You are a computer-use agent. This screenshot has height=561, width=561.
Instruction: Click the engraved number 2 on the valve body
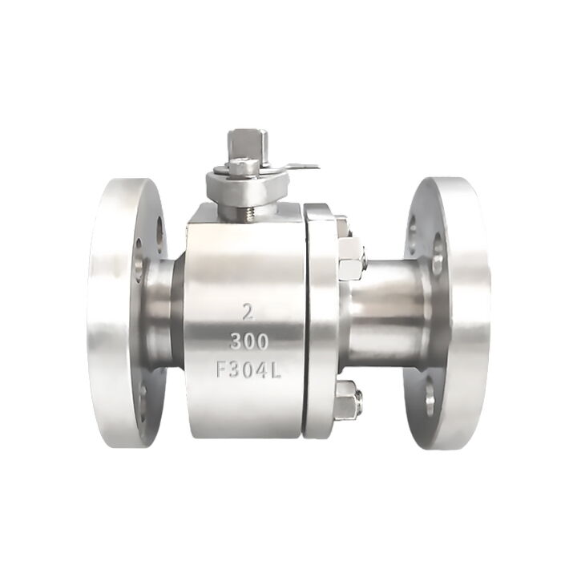pyautogui.click(x=248, y=311)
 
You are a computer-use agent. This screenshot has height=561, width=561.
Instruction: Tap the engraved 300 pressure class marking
pyautogui.click(x=249, y=341)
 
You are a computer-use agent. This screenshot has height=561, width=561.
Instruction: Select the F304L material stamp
pyautogui.click(x=249, y=369)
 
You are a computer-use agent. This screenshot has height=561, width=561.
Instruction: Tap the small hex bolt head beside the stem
pyautogui.click(x=242, y=167)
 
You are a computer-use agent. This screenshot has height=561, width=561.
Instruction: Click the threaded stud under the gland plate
pyautogui.click(x=247, y=213)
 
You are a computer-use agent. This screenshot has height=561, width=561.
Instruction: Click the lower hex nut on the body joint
pyautogui.click(x=349, y=399)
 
